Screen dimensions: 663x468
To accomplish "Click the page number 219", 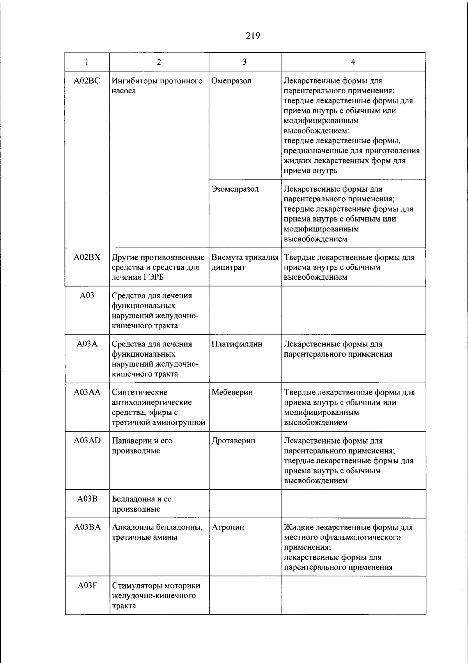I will pos(253,36).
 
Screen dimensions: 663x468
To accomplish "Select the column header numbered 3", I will pos(245,62).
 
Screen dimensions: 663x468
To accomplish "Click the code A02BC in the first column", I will pos(87,81).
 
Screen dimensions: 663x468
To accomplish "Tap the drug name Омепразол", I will pos(231,81).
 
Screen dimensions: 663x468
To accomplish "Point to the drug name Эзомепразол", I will pos(235,189).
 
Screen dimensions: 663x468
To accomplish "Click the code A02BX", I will pos(87,257).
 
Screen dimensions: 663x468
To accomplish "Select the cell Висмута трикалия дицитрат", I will pos(245,262).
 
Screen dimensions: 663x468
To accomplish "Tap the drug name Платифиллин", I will pos(237,344).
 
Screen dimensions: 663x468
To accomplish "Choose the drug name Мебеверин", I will pos(232,392).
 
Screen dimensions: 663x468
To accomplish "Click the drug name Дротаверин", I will pos(233,441).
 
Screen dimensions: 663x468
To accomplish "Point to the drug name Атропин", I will pos(228,527).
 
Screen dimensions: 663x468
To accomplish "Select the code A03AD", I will pos(87,441).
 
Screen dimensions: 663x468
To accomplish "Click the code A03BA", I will pos(87,527).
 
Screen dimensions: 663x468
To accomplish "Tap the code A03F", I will pos(87,585).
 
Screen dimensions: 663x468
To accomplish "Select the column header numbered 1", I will pos(87,62).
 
